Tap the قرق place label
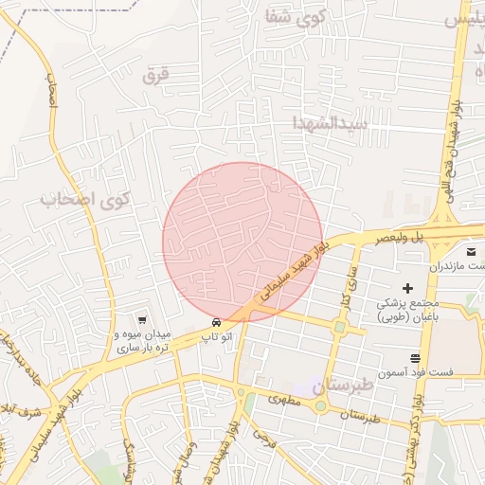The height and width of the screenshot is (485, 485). (x=154, y=76)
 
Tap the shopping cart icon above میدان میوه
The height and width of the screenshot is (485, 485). (x=141, y=320)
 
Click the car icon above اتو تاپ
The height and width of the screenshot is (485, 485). (x=218, y=322)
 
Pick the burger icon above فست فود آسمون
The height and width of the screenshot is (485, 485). (x=416, y=358)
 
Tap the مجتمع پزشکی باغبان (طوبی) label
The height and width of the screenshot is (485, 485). (x=415, y=312)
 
